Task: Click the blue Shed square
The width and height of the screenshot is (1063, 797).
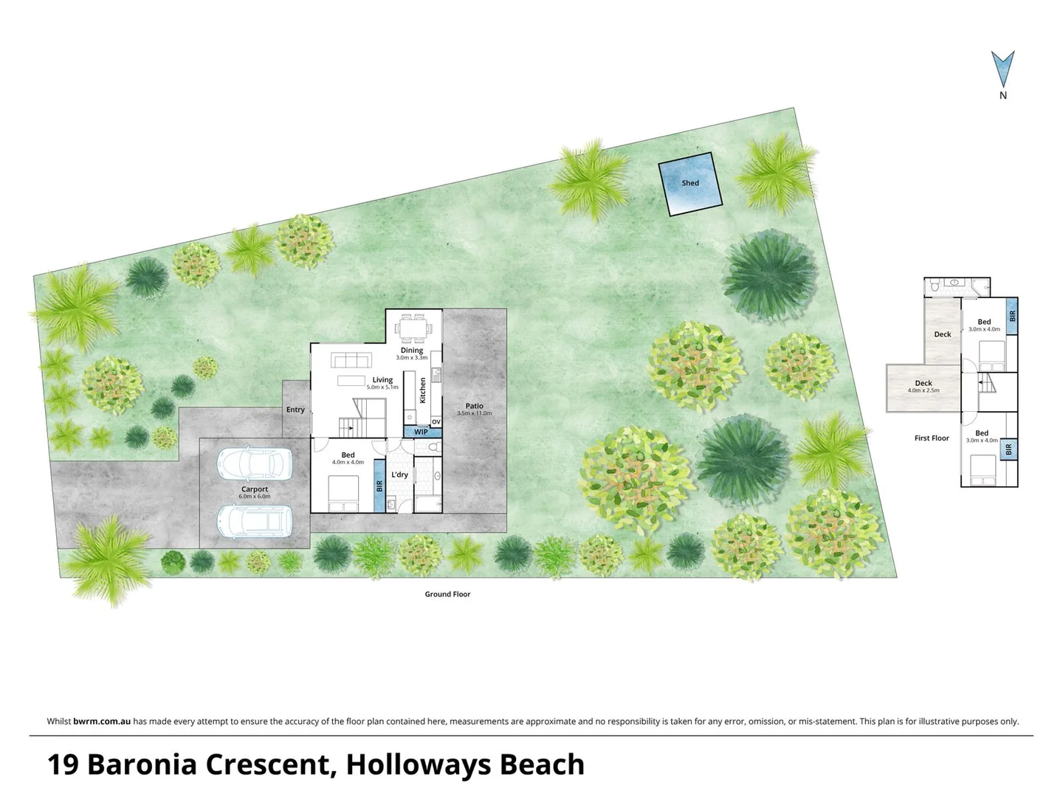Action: click(x=689, y=184)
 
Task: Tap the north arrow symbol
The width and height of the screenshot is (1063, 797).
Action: click(x=1002, y=70)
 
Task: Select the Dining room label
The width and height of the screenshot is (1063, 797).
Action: click(x=412, y=351)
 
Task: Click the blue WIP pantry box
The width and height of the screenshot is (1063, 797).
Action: click(x=420, y=432)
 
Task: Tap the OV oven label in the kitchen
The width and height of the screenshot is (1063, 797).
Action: click(x=436, y=422)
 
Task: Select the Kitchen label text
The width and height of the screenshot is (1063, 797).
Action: click(x=423, y=390)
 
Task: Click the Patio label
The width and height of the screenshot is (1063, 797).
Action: click(x=474, y=406)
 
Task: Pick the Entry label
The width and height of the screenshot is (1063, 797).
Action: click(x=295, y=410)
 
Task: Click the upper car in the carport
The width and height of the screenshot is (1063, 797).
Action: click(x=254, y=464)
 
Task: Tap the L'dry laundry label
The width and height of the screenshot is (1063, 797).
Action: click(x=399, y=475)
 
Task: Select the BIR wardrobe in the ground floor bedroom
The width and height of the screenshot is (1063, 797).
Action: click(x=379, y=486)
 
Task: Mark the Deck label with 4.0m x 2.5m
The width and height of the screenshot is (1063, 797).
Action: click(x=923, y=384)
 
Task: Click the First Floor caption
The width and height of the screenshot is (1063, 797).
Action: click(x=932, y=438)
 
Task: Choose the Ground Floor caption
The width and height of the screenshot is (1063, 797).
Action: click(x=447, y=594)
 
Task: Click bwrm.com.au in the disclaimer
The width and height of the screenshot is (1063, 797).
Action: click(x=102, y=722)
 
